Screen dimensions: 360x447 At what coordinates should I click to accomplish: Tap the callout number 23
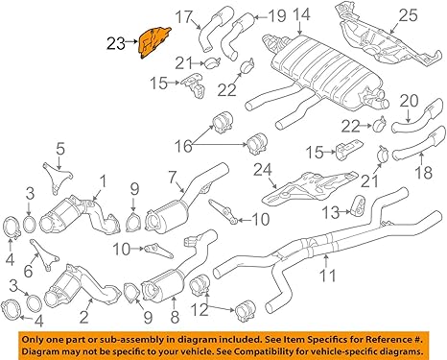116,41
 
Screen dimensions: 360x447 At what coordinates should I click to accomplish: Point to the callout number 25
410,15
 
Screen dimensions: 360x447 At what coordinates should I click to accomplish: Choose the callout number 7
174,178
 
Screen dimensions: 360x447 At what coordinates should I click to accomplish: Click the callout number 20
410,101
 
